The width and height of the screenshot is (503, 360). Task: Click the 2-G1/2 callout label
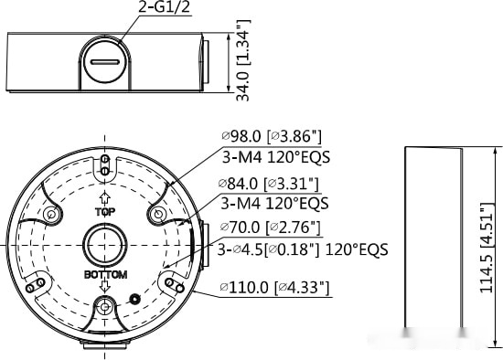pyautogui.click(x=164, y=7)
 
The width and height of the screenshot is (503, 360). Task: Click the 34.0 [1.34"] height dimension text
pyautogui.click(x=243, y=60)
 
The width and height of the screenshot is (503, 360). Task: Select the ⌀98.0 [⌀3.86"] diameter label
pyautogui.click(x=272, y=136)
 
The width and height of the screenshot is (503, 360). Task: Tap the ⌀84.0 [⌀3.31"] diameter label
pyautogui.click(x=269, y=184)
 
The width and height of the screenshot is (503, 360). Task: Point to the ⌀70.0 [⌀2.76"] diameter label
pyautogui.click(x=271, y=228)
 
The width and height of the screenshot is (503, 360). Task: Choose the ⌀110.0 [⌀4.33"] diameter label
pyautogui.click(x=274, y=287)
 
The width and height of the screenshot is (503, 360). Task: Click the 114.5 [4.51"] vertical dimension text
pyautogui.click(x=486, y=248)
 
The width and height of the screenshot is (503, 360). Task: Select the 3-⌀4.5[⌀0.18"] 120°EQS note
pyautogui.click(x=303, y=249)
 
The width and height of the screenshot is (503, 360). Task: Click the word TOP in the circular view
pyautogui.click(x=105, y=212)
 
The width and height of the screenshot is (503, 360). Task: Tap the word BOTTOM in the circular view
pyautogui.click(x=105, y=274)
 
